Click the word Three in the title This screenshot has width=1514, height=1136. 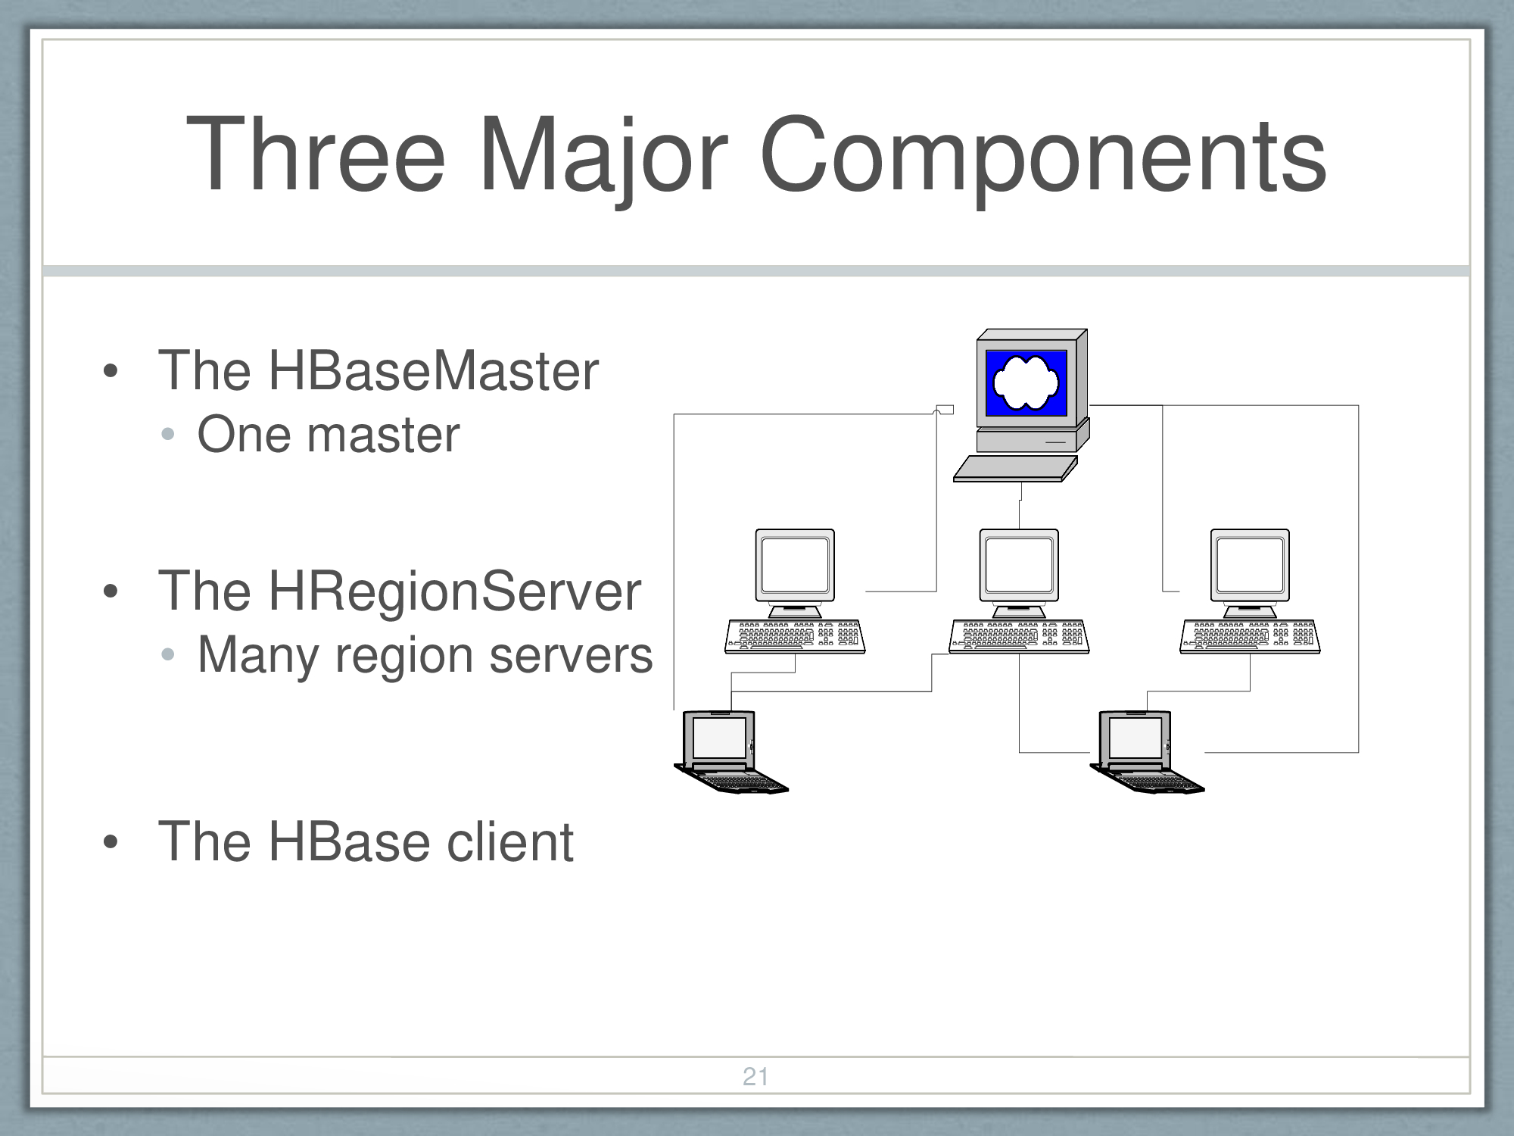tap(316, 155)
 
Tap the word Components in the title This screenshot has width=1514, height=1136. tap(1042, 155)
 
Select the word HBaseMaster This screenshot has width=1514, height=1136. tap(433, 370)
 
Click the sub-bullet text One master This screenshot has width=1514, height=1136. tap(328, 435)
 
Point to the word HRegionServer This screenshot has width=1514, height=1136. tap(454, 591)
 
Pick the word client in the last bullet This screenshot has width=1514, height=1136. tap(509, 842)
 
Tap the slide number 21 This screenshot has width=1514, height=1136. tap(755, 1076)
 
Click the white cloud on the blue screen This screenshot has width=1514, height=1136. tap(1026, 382)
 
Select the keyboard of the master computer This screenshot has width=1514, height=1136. tap(1014, 468)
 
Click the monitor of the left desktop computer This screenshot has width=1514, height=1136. tap(795, 565)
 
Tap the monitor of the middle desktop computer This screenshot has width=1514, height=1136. tap(1019, 565)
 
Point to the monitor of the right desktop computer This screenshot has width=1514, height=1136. tap(1250, 565)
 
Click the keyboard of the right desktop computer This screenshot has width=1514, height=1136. tap(1250, 636)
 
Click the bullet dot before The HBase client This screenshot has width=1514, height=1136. tap(111, 843)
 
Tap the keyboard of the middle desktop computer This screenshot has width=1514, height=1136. tap(1019, 636)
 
